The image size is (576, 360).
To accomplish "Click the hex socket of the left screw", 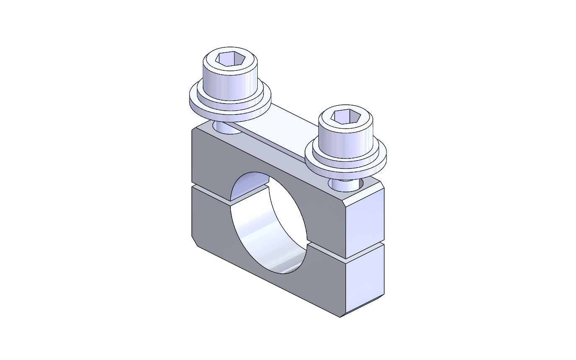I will point(230,59).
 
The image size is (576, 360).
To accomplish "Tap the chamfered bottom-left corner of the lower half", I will point(194,241).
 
